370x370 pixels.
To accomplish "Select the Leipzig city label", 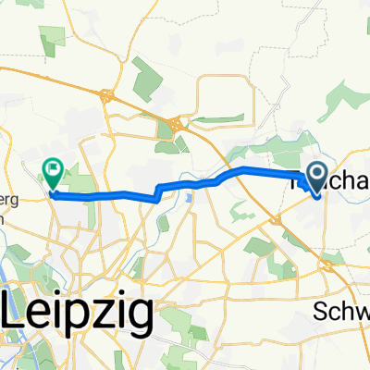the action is tap(78, 303).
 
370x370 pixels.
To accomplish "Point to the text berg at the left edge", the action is tap(13, 183).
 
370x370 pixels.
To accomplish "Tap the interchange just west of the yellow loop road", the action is tap(175, 125).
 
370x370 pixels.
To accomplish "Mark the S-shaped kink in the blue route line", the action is tap(159, 191).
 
